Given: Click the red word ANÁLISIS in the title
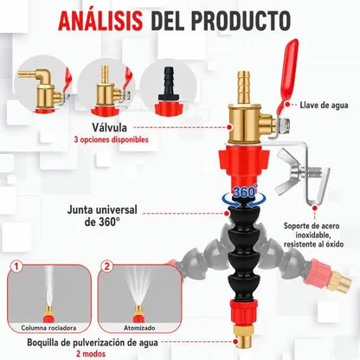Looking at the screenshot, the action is (100, 21).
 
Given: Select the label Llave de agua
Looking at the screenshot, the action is (324, 105).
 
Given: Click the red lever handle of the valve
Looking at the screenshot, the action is (288, 76).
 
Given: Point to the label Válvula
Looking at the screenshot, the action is (110, 127).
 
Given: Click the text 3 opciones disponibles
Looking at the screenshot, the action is (112, 140).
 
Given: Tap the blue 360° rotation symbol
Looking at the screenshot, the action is (245, 196).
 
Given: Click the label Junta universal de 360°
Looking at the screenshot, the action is (102, 215).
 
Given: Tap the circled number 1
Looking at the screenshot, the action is (17, 267).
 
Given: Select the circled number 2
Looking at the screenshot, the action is (107, 267).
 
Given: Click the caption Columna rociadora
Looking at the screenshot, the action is (48, 328).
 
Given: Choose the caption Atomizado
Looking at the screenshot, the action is (139, 328).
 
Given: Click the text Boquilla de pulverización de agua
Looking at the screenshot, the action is (93, 343).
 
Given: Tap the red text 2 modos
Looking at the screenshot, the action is (91, 354).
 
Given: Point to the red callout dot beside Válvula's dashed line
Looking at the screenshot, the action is (229, 127).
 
